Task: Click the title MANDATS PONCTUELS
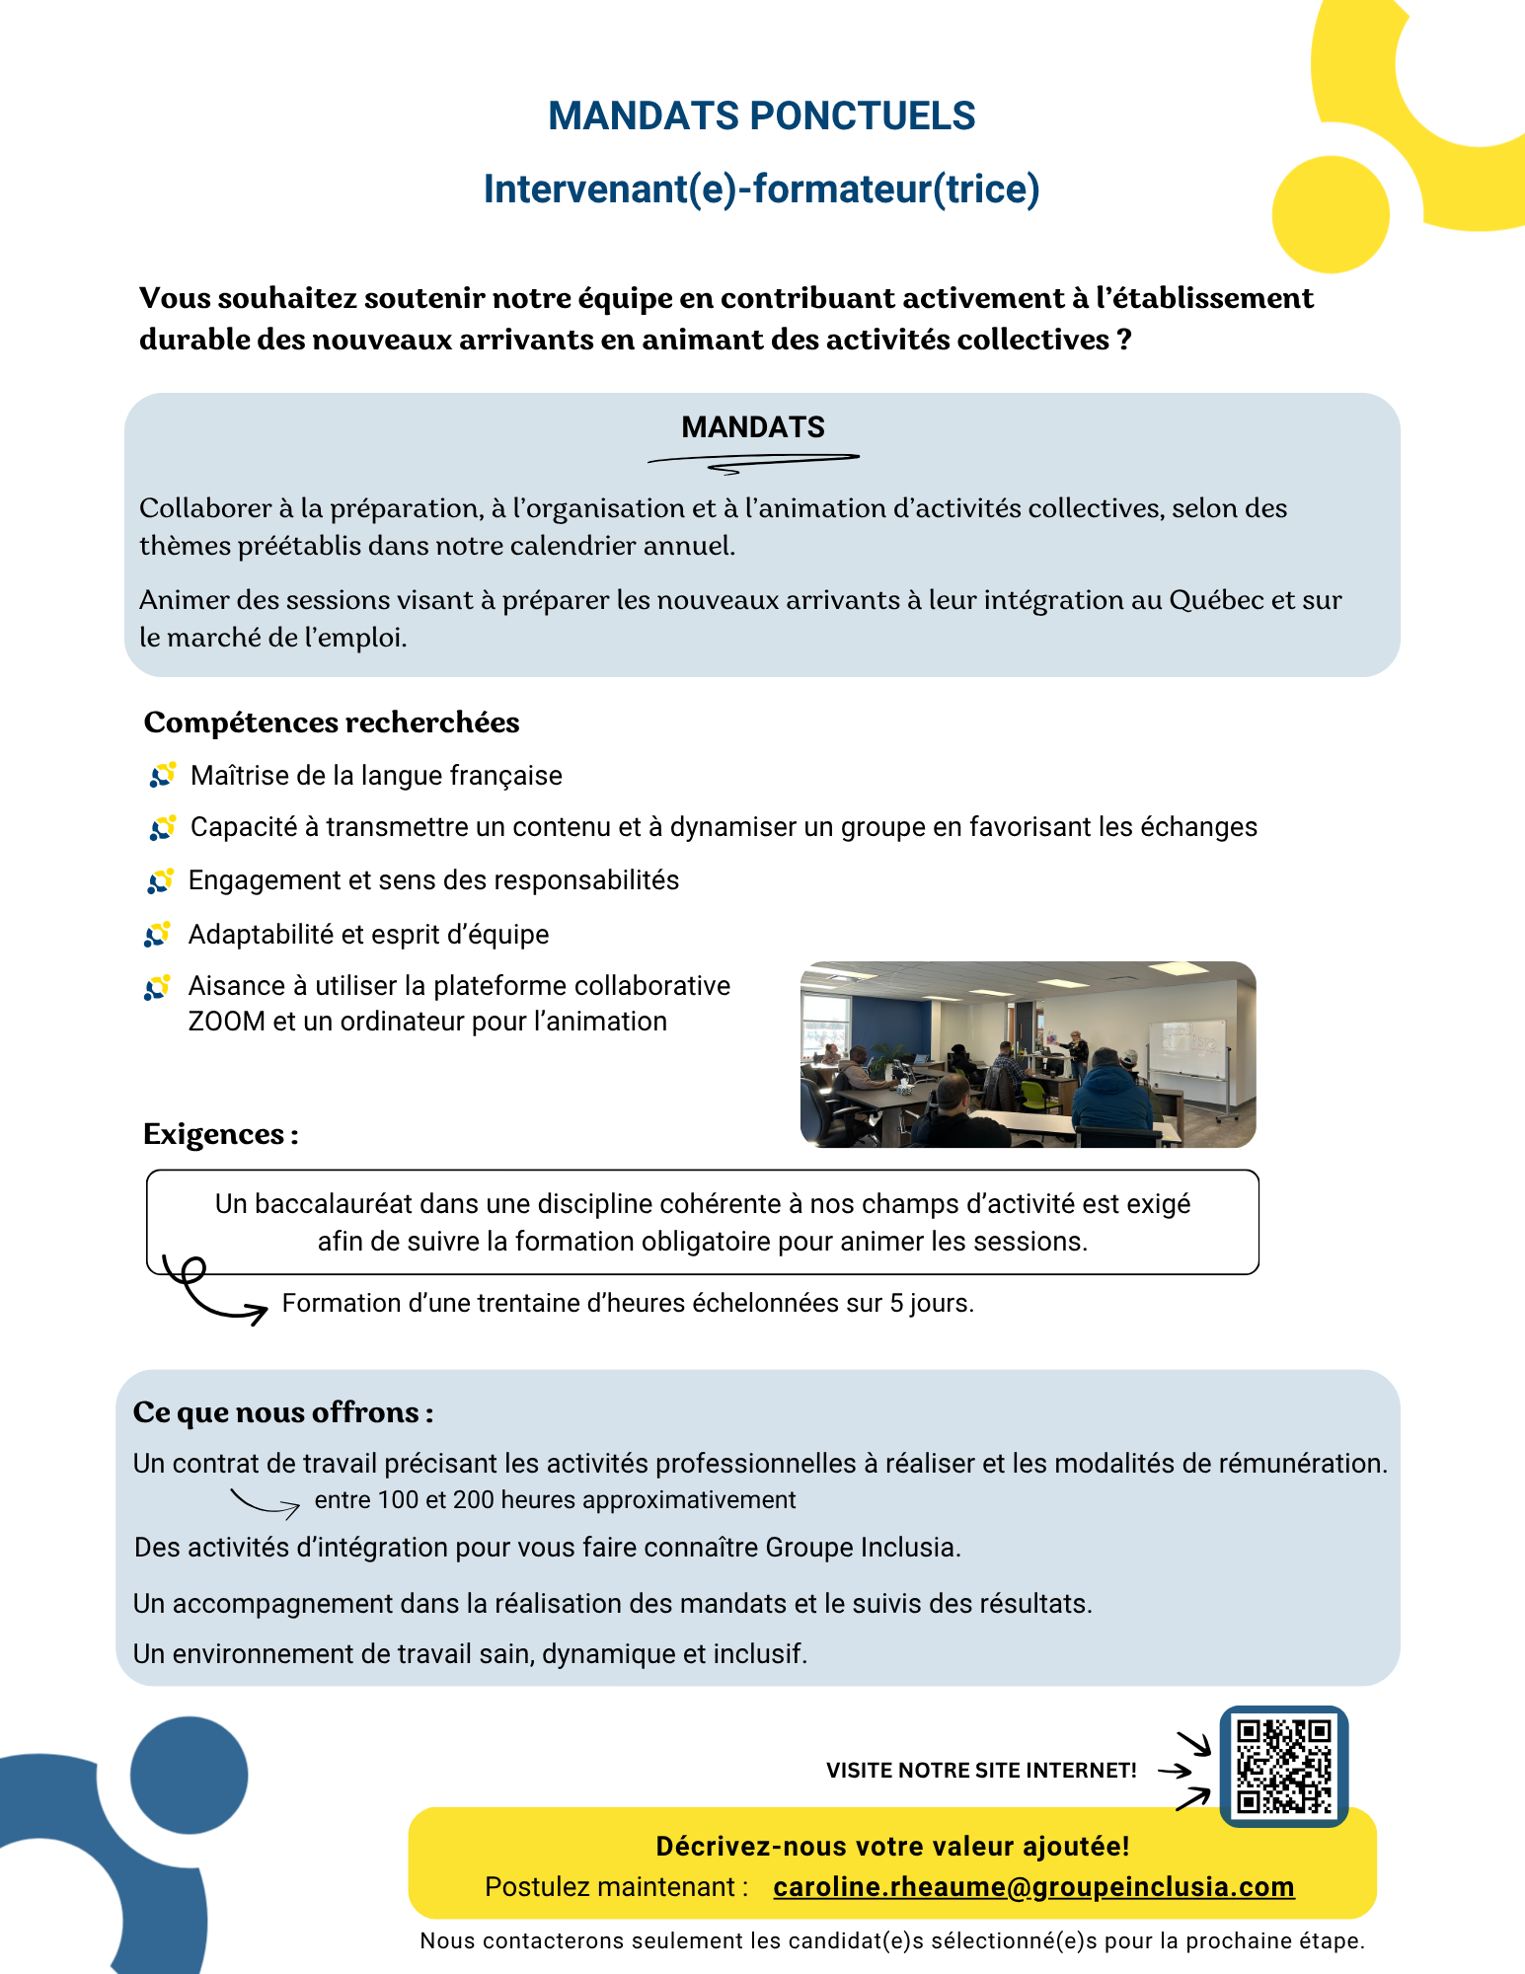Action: tap(761, 116)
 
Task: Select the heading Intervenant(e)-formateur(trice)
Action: tap(761, 189)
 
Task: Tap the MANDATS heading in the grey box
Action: tap(753, 427)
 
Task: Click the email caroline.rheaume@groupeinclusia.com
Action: tap(1033, 1886)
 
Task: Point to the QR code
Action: tap(1283, 1767)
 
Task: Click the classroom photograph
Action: tap(1027, 1054)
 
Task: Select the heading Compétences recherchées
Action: tap(332, 722)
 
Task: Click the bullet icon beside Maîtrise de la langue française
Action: tap(163, 775)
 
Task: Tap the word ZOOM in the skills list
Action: tap(227, 1022)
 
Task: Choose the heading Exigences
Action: tap(220, 1134)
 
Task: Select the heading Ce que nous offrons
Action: tap(282, 1412)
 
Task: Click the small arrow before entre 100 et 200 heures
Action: tap(265, 1502)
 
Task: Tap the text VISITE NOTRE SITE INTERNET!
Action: tap(981, 1771)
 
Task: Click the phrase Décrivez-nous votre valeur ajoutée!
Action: tap(892, 1847)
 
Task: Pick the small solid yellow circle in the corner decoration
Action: tap(1331, 214)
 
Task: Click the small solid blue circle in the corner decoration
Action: tap(189, 1775)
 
